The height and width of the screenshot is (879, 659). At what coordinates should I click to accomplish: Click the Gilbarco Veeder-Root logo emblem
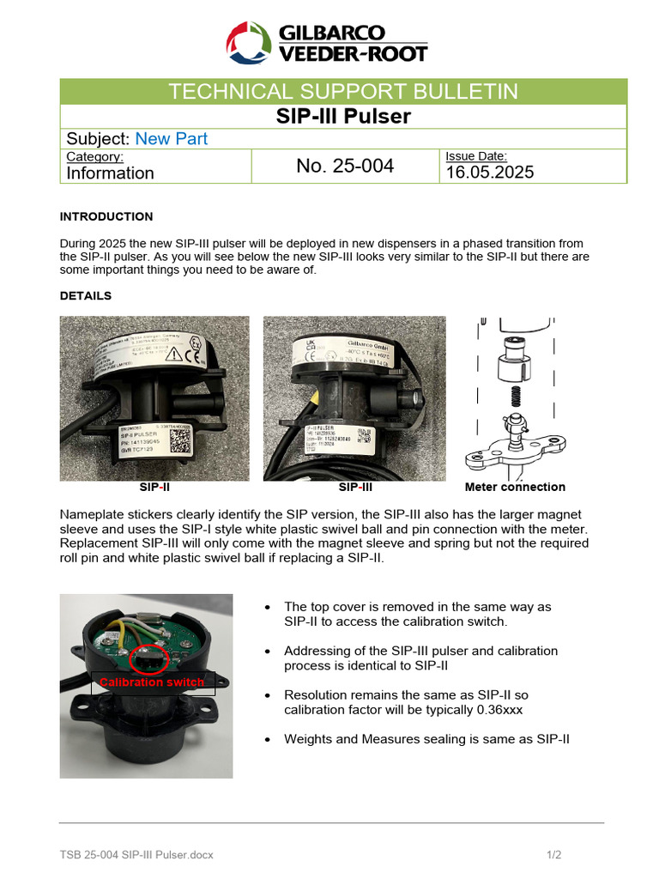pyautogui.click(x=249, y=43)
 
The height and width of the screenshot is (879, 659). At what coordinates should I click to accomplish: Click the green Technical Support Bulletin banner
pyautogui.click(x=343, y=92)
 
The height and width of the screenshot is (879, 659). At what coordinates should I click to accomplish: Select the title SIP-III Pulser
pyautogui.click(x=343, y=116)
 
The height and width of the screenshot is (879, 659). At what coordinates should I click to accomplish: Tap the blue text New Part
pyautogui.click(x=172, y=139)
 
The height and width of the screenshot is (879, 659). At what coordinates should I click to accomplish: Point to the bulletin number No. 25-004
pyautogui.click(x=345, y=167)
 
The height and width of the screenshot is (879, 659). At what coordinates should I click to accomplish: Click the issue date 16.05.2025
pyautogui.click(x=489, y=172)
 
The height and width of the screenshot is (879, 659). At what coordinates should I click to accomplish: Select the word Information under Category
pyautogui.click(x=111, y=173)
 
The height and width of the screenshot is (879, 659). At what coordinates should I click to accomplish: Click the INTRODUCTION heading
pyautogui.click(x=106, y=216)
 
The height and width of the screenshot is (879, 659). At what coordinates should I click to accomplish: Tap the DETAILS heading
pyautogui.click(x=86, y=295)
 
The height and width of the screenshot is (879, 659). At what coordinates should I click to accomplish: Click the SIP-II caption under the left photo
pyautogui.click(x=154, y=488)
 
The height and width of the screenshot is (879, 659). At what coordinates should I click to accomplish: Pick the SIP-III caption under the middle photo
pyautogui.click(x=355, y=488)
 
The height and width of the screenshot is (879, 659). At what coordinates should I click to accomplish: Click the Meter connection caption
pyautogui.click(x=515, y=488)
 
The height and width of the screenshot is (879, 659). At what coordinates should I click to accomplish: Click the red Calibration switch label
pyautogui.click(x=152, y=682)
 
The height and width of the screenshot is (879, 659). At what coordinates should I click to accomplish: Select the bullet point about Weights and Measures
pyautogui.click(x=426, y=738)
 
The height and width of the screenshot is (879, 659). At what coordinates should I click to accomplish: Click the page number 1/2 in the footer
pyautogui.click(x=553, y=855)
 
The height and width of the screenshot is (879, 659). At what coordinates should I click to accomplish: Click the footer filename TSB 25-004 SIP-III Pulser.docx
pyautogui.click(x=136, y=855)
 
